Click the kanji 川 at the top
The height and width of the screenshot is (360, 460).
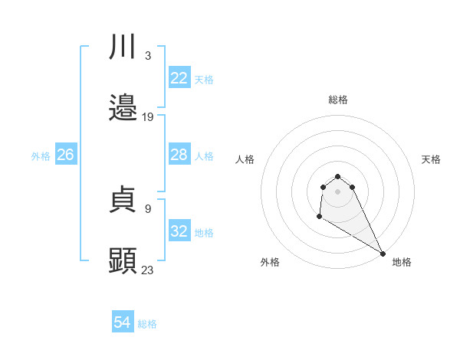pos(123,47)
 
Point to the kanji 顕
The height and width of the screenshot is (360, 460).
pos(123,260)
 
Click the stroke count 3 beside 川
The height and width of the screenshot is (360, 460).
pos(147,55)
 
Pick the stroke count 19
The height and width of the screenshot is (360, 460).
pos(148,117)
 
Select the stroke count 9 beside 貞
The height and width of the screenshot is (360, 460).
pos(147,208)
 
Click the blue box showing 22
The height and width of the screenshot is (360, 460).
pos(179,78)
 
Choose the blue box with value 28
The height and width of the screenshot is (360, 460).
pos(179,155)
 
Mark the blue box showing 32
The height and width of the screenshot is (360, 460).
pos(179,231)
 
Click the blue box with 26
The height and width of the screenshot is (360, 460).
pos(65,155)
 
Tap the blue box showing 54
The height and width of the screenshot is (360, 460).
pos(123,322)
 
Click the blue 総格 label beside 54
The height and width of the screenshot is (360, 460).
pos(147,324)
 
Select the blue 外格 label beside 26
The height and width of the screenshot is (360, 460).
pos(41,155)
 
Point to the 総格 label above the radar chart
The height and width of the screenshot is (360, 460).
pos(338,100)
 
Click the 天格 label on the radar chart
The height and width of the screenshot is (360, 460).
pos(431,159)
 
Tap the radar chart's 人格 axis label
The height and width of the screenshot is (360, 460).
pos(245,159)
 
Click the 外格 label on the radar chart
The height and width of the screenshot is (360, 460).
pos(270,262)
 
